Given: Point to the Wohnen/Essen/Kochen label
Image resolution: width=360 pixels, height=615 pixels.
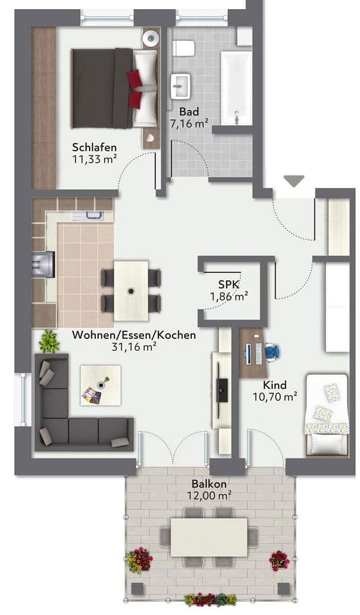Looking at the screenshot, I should pos(134,335).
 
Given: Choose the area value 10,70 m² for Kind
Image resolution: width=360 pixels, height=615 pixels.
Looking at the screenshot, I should pos(275,396).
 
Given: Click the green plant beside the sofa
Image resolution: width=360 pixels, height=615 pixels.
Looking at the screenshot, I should pos(50,341).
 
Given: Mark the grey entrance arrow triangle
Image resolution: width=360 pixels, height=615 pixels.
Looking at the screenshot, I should pos(294,182).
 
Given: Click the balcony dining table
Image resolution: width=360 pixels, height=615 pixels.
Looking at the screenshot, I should pos(209,536).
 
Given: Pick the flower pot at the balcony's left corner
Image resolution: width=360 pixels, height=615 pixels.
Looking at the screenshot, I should pos(139,560).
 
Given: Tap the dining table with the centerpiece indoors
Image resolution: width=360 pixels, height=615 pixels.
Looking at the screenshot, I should pos(131,290).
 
